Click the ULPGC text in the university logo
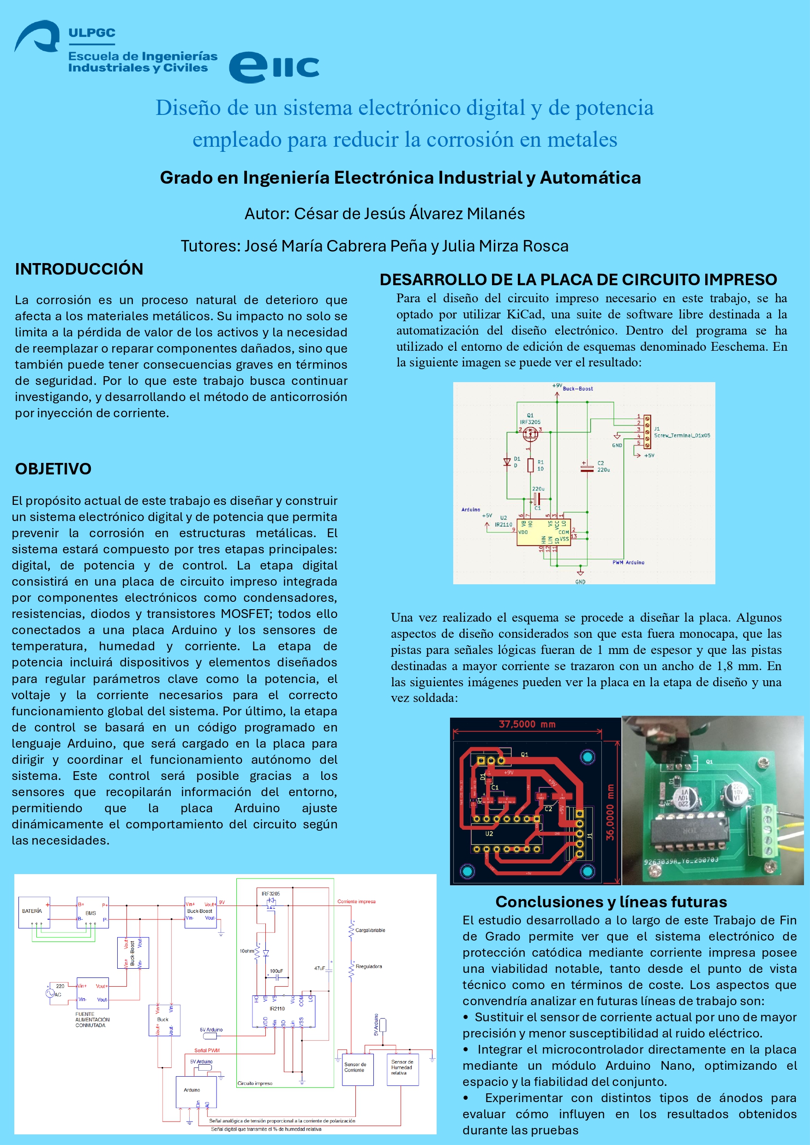(x=92, y=33)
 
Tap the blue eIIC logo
(x=274, y=67)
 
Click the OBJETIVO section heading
(x=53, y=469)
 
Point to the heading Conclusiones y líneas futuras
(x=611, y=902)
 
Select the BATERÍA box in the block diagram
(x=34, y=911)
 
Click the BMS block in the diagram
(x=92, y=912)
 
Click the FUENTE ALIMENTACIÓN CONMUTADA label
(x=92, y=1019)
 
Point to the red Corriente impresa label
(x=356, y=902)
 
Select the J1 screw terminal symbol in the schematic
(x=647, y=432)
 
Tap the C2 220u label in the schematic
(x=603, y=466)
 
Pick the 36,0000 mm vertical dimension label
(x=610, y=812)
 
